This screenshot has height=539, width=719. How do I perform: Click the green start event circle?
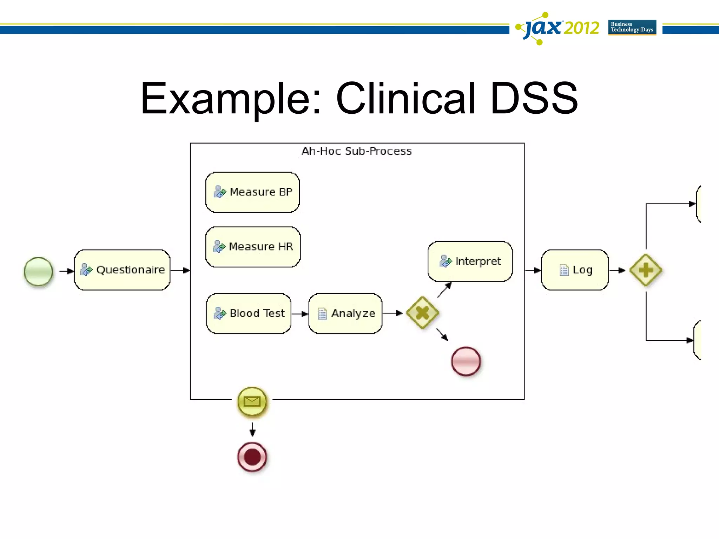pyautogui.click(x=38, y=271)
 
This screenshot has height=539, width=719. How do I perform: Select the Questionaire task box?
pyautogui.click(x=122, y=270)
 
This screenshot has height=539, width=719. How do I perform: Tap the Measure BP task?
pyautogui.click(x=252, y=192)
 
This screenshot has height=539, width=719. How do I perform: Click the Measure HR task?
pyautogui.click(x=253, y=247)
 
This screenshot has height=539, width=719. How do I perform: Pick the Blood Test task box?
pyautogui.click(x=249, y=313)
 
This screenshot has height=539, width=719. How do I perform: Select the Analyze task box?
pyautogui.click(x=345, y=313)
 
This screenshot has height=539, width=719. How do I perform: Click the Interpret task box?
pyautogui.click(x=470, y=261)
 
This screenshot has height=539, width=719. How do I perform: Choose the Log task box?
pyautogui.click(x=575, y=270)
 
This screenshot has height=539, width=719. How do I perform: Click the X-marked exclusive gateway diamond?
pyautogui.click(x=422, y=313)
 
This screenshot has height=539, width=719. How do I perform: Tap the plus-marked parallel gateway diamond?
pyautogui.click(x=646, y=270)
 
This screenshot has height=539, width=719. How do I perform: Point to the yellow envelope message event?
pyautogui.click(x=252, y=401)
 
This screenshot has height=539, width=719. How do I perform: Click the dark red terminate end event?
pyautogui.click(x=252, y=457)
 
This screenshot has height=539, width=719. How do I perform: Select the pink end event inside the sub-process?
pyautogui.click(x=466, y=361)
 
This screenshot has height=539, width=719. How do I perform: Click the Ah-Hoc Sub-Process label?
pyautogui.click(x=356, y=151)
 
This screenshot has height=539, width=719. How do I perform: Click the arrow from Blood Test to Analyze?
pyautogui.click(x=299, y=314)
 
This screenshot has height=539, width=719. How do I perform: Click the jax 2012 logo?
pyautogui.click(x=558, y=28)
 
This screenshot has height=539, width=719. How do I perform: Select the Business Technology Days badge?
pyautogui.click(x=632, y=27)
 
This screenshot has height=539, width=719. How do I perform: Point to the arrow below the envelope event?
pyautogui.click(x=252, y=429)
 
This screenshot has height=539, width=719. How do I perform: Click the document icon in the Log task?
pyautogui.click(x=564, y=270)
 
